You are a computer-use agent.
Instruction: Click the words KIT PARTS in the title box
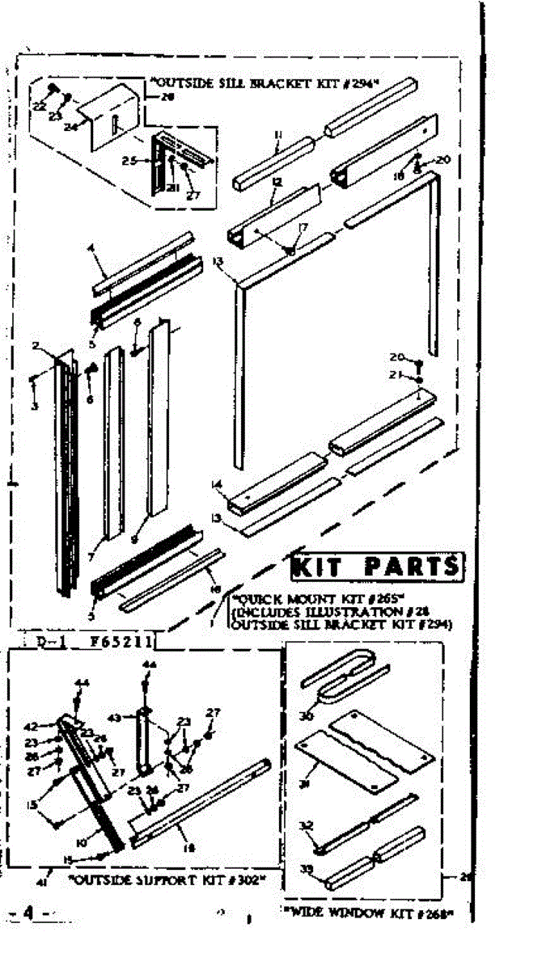[x=377, y=567]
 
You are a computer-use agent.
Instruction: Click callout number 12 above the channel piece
[x=277, y=183]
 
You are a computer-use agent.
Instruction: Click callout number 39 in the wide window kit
[x=306, y=870]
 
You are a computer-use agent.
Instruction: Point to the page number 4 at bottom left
[x=28, y=913]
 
